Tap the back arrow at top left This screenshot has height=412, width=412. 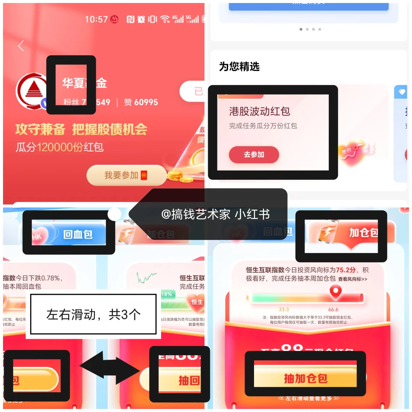point(21,46)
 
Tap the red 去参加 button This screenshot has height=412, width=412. point(254,155)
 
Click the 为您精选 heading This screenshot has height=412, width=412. point(239,67)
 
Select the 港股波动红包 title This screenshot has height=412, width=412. point(259,111)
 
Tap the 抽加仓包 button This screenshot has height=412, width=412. point(305,378)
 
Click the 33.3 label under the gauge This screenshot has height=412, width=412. point(284,309)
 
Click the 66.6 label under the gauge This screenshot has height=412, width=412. point(333,309)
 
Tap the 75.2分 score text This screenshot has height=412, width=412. point(346,270)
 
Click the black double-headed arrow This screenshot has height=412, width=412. point(110,367)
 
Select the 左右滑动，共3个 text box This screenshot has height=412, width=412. point(93,314)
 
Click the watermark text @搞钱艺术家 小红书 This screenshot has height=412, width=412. point(216,214)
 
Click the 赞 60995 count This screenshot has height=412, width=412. point(141,102)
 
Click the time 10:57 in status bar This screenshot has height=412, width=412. point(96,19)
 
